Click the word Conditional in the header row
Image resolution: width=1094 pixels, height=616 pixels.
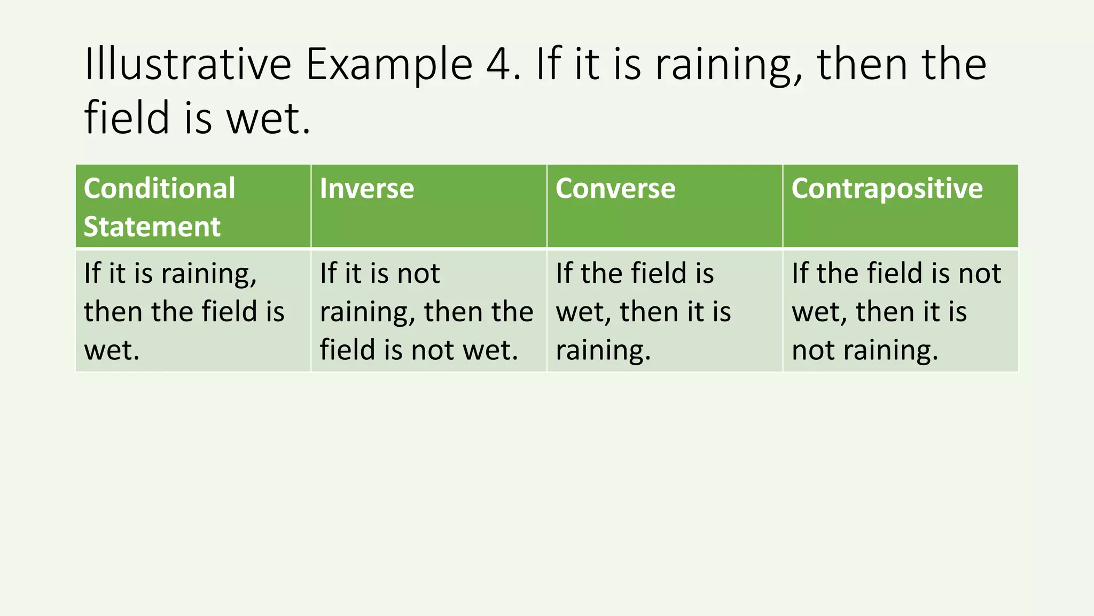[159, 189]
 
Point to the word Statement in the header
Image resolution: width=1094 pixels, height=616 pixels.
[152, 227]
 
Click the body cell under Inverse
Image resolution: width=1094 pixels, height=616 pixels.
[428, 311]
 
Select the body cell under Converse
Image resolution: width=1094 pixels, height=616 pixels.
[665, 311]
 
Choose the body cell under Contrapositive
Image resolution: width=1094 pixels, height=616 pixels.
[901, 311]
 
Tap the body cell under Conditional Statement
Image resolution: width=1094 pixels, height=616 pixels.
[193, 311]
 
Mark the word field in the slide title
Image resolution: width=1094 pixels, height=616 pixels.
[127, 118]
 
